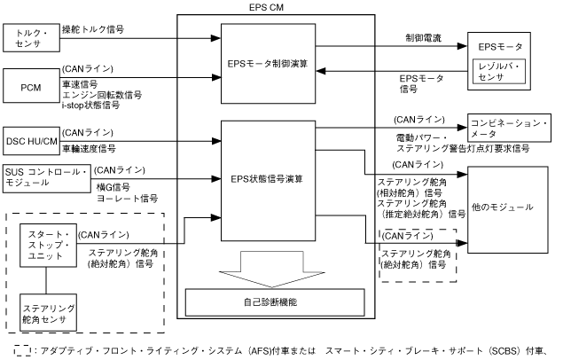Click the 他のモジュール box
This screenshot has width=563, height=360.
(504, 207)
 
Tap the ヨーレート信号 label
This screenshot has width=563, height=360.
(129, 197)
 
